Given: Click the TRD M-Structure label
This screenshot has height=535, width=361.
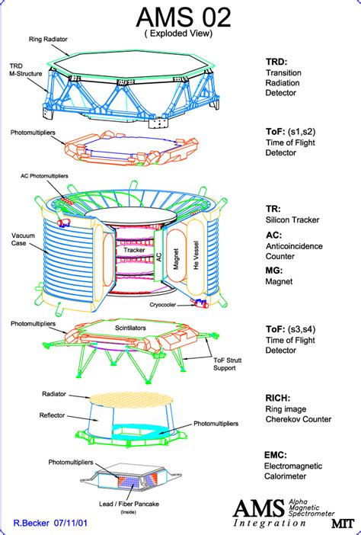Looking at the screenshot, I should [27, 69].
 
